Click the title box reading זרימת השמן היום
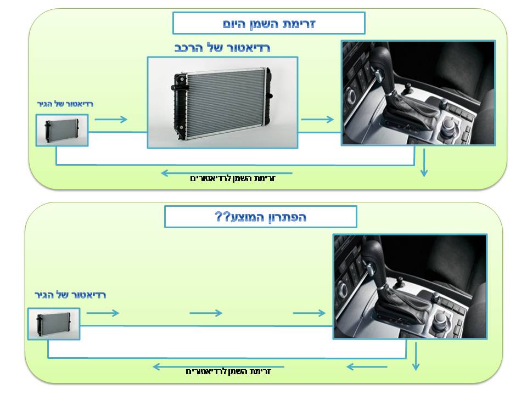[268, 23]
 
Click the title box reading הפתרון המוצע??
[260, 217]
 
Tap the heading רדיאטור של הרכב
[222, 48]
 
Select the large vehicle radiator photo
[222, 103]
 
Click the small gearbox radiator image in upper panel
[62, 131]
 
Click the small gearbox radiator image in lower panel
[54, 324]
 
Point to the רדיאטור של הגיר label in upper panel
[65, 104]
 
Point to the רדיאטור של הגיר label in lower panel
[70, 295]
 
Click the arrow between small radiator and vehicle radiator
[111, 119]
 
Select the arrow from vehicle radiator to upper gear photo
[317, 119]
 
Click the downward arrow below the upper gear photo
[424, 163]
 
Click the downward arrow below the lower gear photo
[416, 357]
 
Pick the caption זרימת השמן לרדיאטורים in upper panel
[233, 178]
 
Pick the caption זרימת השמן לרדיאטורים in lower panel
[228, 371]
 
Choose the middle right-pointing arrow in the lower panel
[206, 313]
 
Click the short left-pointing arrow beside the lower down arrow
[367, 367]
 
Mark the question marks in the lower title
[222, 217]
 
